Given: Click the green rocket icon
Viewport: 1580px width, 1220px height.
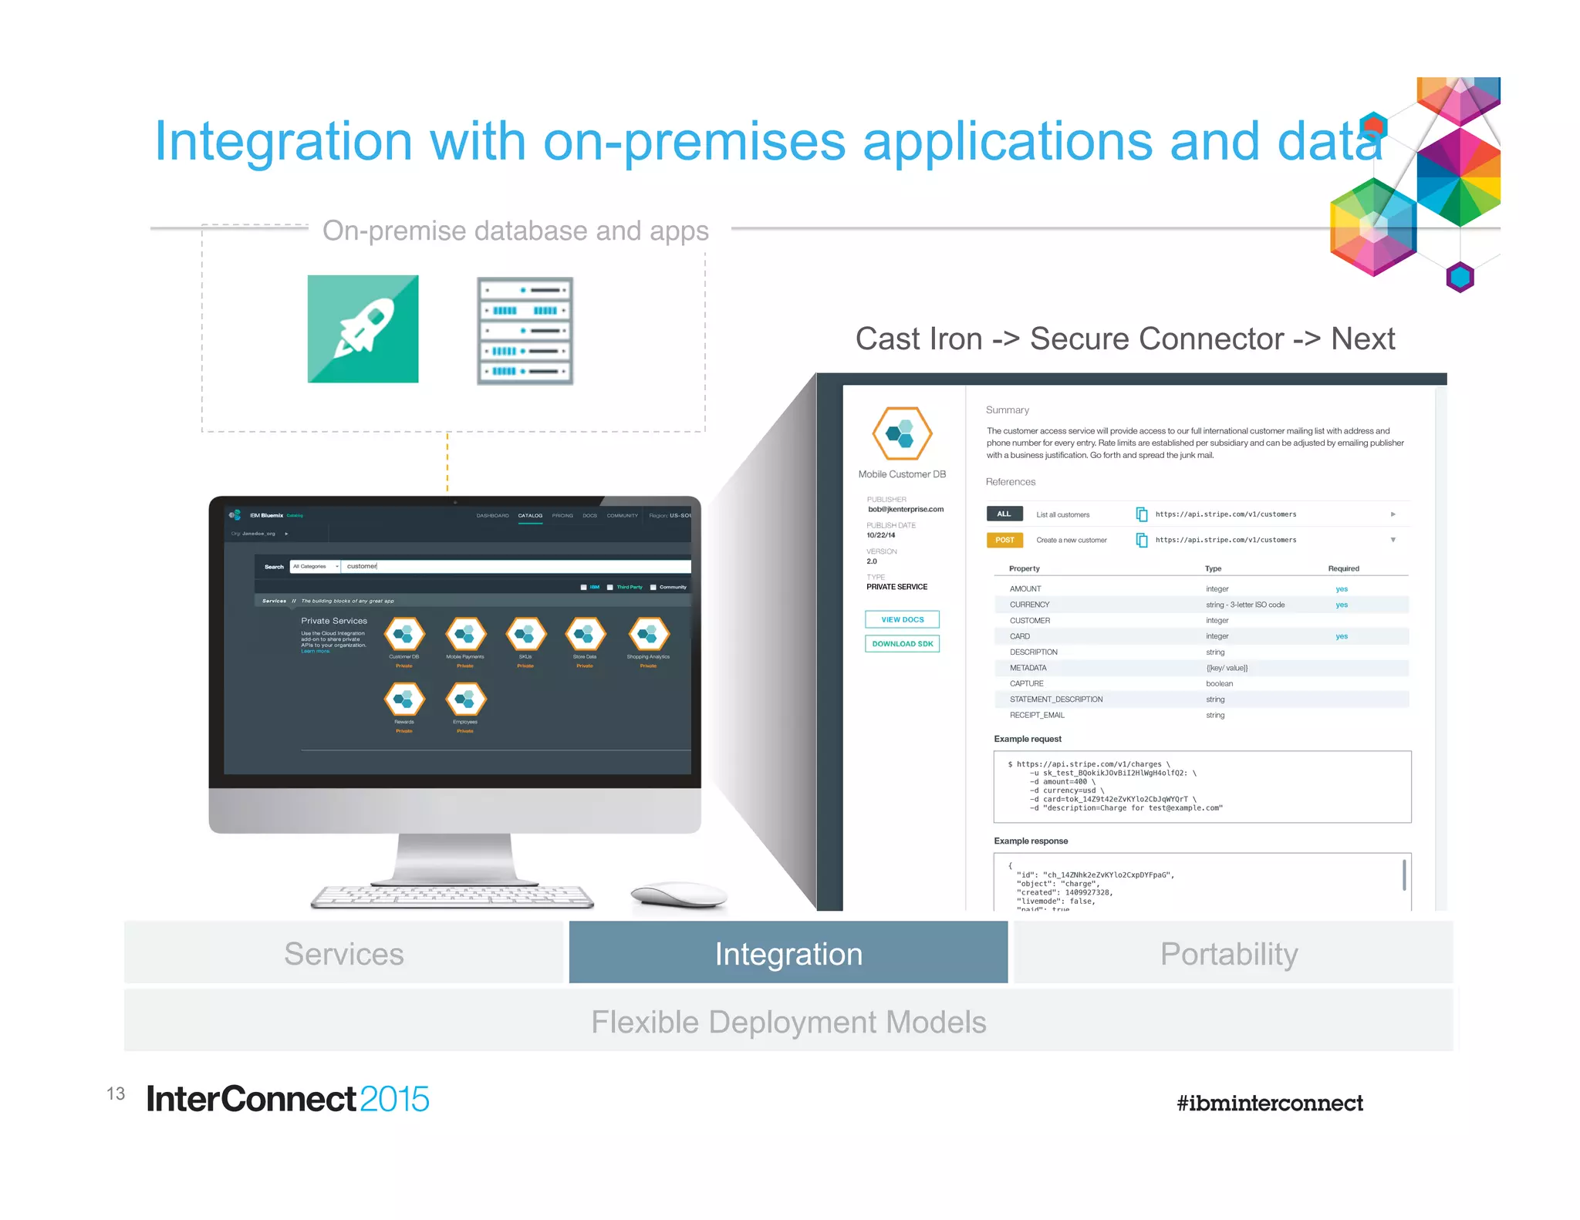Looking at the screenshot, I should coord(363,329).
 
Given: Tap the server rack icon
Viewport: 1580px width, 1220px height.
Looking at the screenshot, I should coord(525,331).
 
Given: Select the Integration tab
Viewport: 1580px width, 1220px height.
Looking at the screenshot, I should coord(788,953).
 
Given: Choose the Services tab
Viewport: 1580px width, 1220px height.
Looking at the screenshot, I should coord(344,953).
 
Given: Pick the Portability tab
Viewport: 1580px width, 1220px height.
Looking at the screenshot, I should coord(1229,953).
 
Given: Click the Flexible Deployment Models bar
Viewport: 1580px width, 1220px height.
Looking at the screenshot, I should coord(788,1022).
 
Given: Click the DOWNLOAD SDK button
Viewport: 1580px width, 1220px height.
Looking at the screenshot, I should coord(902,644).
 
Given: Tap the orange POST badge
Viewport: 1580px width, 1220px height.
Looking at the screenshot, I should coord(1004,540).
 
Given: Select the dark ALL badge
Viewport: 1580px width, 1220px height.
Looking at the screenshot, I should coord(1004,514).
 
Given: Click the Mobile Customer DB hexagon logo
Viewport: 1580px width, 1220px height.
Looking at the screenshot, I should coord(901,434).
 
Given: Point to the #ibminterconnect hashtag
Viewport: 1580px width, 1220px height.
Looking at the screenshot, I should coord(1269,1103).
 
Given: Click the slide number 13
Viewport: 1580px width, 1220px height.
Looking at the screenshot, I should coord(116,1094).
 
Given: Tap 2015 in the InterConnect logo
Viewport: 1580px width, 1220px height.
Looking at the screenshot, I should coord(394,1099).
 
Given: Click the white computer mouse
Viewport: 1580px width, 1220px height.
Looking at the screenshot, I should coord(678,895).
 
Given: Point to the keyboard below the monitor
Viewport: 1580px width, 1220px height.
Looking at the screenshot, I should coord(452,897).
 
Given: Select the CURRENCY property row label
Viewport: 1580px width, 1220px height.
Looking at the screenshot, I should coord(1029,605).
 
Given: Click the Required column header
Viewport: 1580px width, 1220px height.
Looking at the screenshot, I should coord(1343,568).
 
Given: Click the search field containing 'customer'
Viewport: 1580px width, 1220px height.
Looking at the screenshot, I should coord(515,566).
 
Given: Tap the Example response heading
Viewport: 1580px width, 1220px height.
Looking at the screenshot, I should coord(1031,841).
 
